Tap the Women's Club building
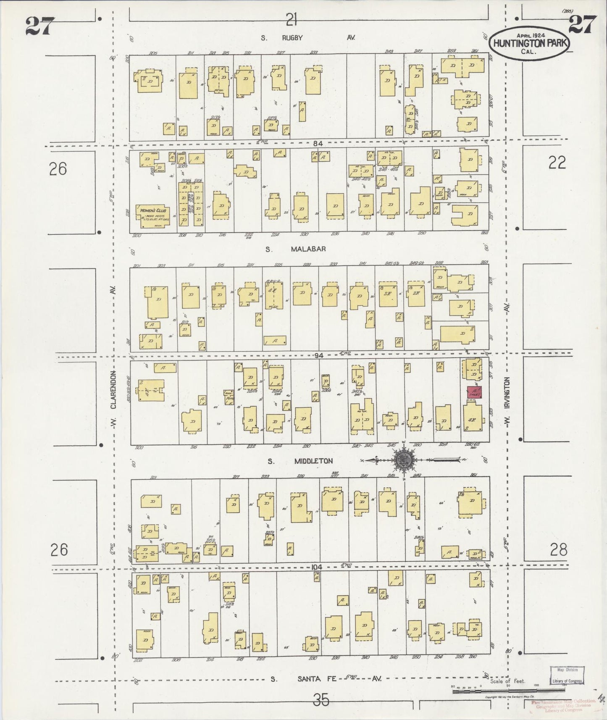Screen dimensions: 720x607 point(153,216)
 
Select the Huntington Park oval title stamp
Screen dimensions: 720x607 point(528,42)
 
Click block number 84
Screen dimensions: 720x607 point(318,143)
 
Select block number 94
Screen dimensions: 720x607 point(319,355)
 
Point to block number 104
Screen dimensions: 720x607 point(317,567)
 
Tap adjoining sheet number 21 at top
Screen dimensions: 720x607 point(292,18)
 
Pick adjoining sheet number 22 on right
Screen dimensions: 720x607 point(557,163)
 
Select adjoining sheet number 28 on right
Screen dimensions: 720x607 point(558,549)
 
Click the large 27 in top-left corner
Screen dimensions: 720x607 point(40,26)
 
